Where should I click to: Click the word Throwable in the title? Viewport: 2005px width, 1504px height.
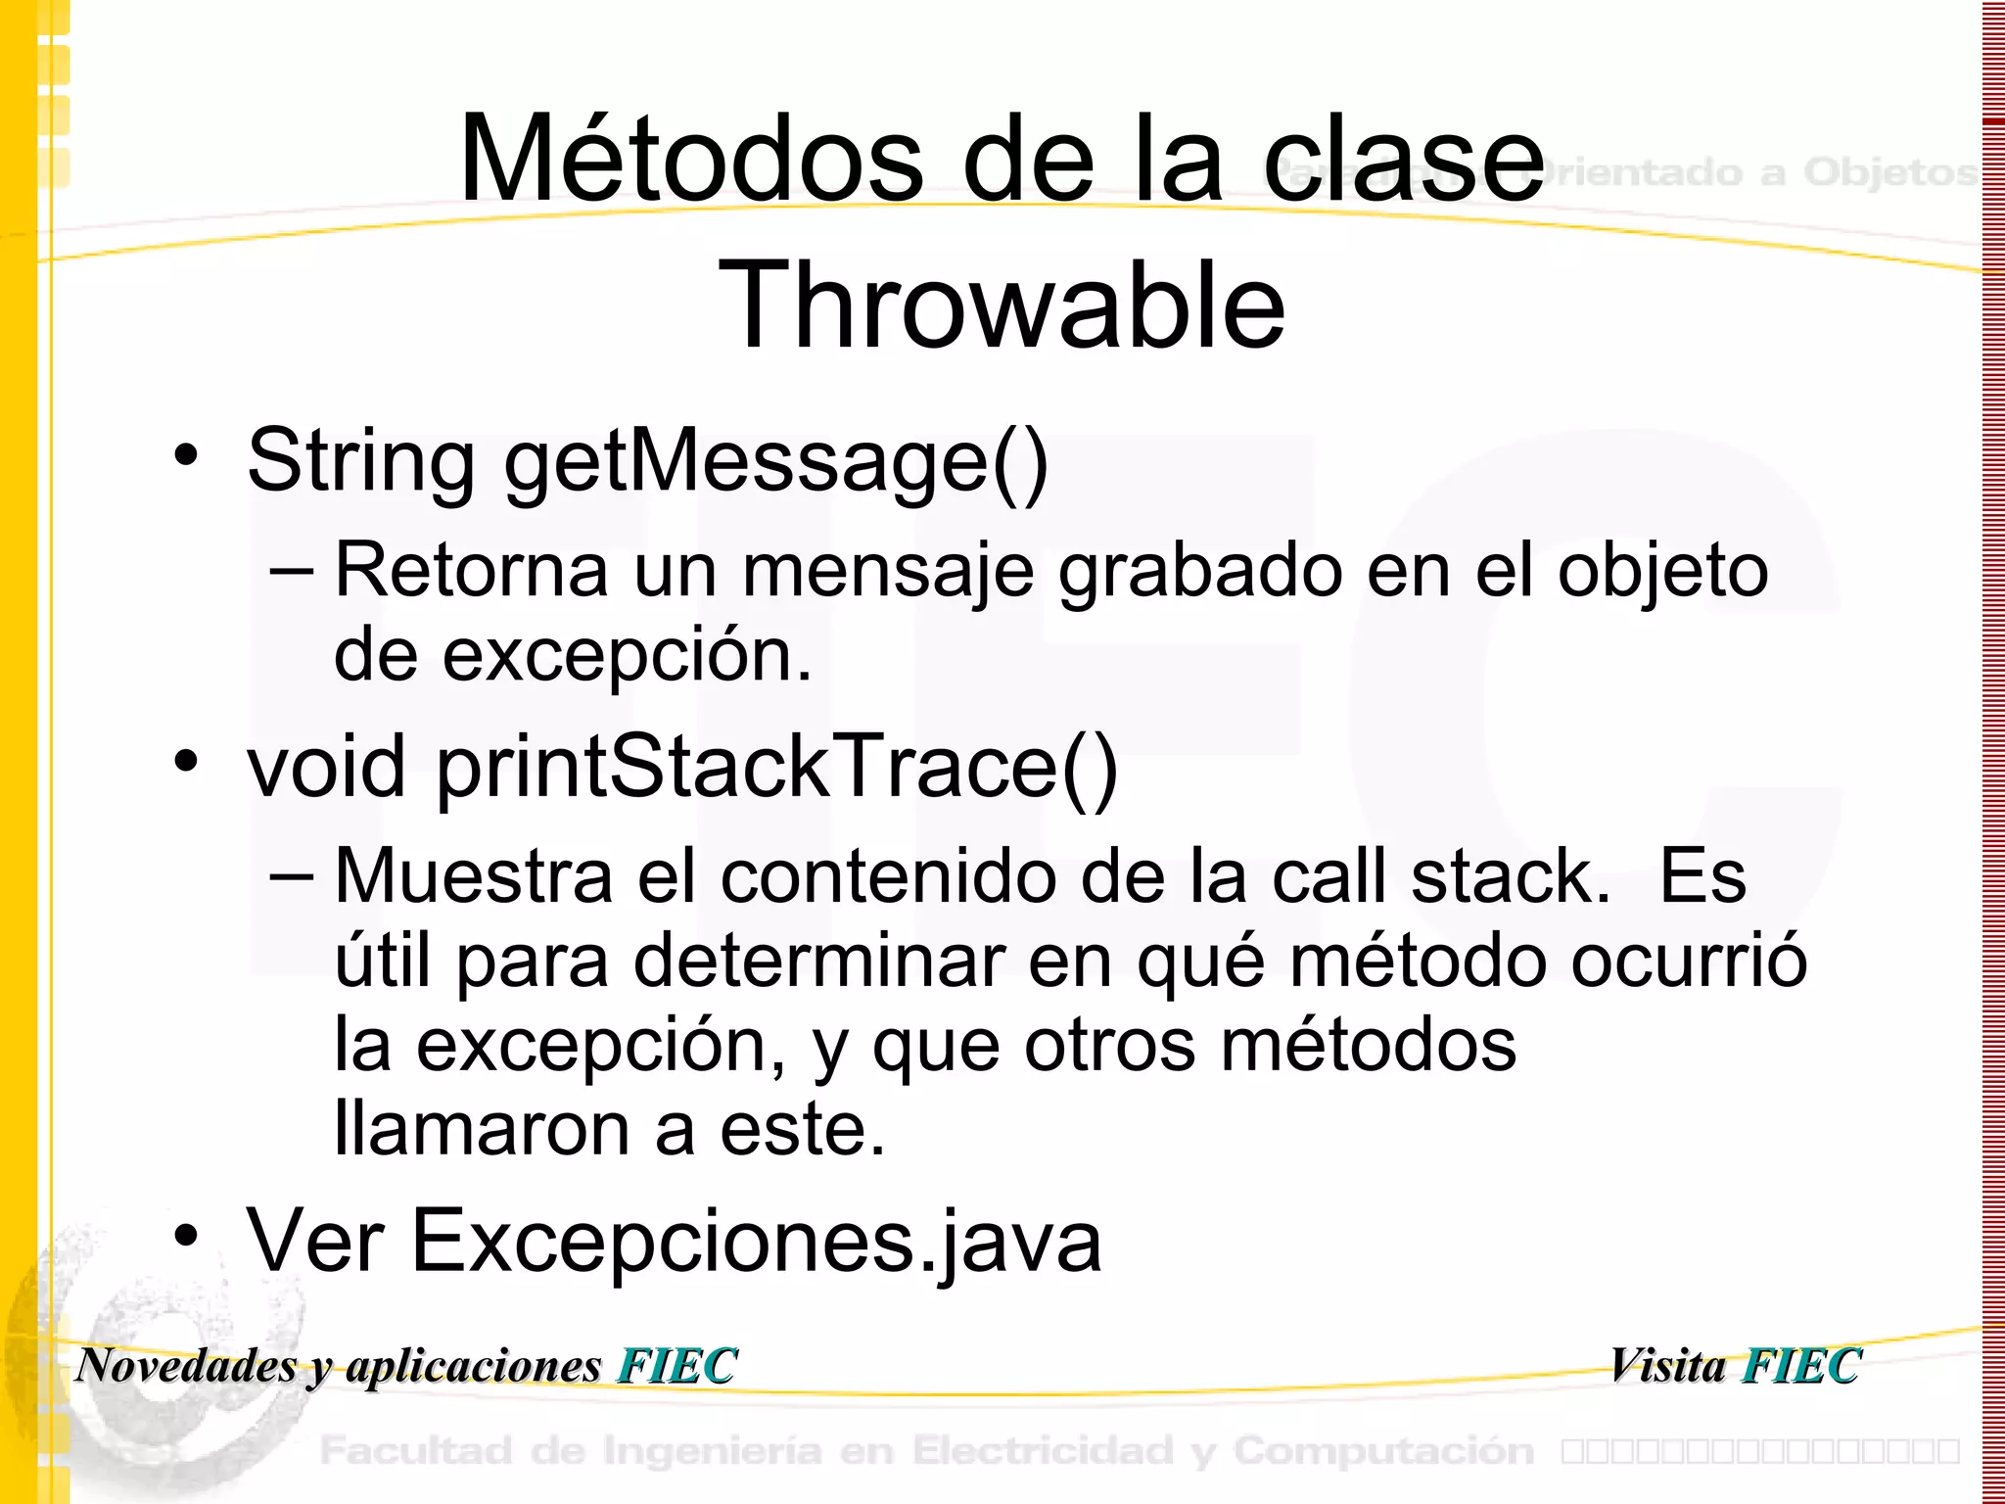[1002, 305]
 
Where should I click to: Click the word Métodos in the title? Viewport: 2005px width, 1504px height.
[691, 159]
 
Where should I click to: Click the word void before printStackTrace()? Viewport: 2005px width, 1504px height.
[326, 767]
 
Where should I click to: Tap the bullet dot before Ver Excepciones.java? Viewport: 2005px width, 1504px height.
[186, 1236]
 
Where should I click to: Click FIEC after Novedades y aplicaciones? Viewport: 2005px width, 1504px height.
[676, 1366]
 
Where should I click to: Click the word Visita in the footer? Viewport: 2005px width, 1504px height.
[1667, 1366]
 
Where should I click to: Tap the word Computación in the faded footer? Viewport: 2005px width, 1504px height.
[1383, 1451]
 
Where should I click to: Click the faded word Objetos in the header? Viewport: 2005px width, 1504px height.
[1889, 172]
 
